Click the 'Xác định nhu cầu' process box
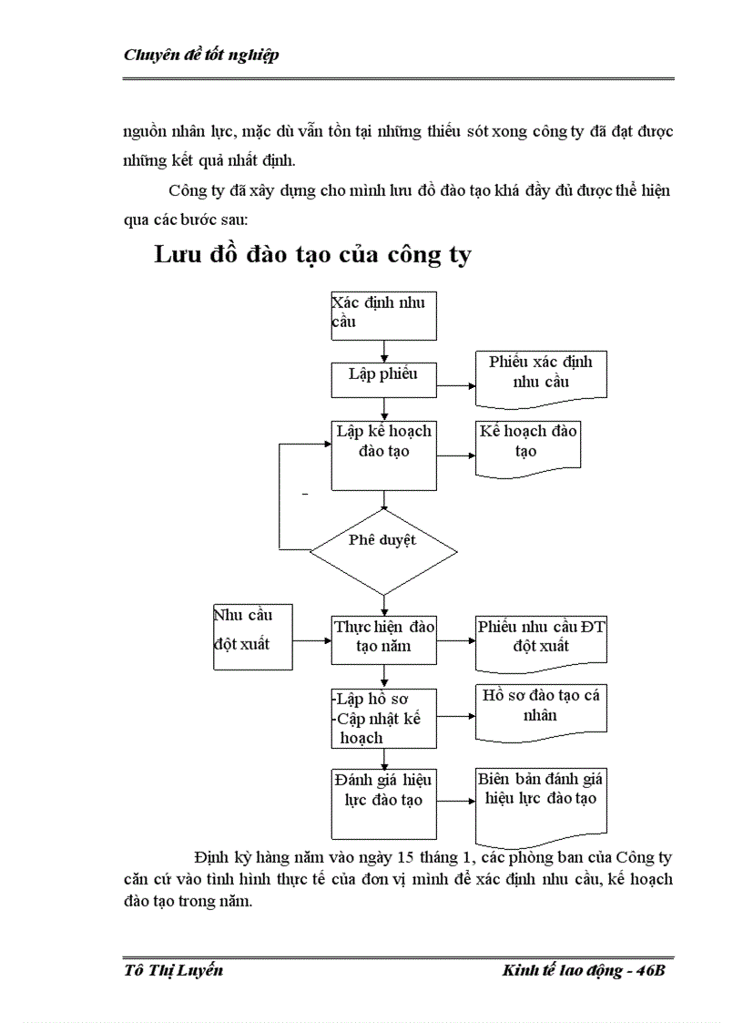point(383,314)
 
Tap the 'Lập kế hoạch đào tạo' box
point(383,454)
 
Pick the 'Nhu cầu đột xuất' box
point(252,637)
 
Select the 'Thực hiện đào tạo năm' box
point(383,639)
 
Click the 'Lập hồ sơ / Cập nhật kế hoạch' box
point(383,717)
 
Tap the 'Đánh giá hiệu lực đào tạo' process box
point(383,803)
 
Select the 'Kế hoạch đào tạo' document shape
point(528,445)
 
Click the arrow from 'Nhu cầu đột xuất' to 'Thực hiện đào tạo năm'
point(311,641)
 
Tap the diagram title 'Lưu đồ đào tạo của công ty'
point(312,254)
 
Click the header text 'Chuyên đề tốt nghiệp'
point(200,56)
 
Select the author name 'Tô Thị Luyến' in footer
point(173,970)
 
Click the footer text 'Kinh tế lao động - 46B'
point(584,970)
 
